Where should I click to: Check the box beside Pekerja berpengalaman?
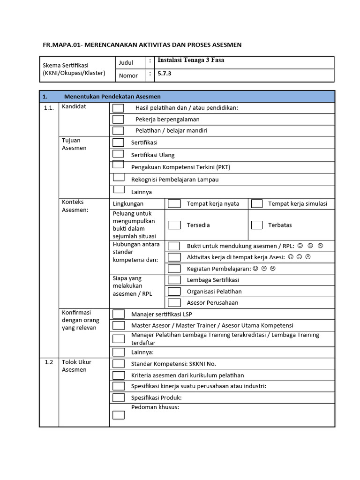[x=118, y=120]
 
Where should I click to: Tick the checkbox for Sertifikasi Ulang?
[x=118, y=154]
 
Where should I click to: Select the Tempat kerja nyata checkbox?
[x=174, y=203]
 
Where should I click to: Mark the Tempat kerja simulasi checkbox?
[x=256, y=203]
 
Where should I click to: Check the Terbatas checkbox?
[x=256, y=225]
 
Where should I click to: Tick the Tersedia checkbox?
[x=174, y=225]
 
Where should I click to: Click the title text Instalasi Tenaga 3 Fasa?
[x=190, y=60]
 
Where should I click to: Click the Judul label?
[x=126, y=63]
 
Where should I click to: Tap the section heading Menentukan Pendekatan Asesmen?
[x=112, y=97]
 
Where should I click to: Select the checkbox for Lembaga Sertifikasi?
[x=174, y=280]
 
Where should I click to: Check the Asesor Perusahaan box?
[x=174, y=303]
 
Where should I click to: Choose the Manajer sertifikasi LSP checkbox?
[x=119, y=314]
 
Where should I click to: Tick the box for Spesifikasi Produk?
[x=119, y=397]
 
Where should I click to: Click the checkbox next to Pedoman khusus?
[x=119, y=415]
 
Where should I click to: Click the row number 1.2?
[x=49, y=362]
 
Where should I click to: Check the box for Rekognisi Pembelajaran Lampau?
[x=119, y=178]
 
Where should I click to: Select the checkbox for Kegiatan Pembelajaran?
[x=174, y=269]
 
